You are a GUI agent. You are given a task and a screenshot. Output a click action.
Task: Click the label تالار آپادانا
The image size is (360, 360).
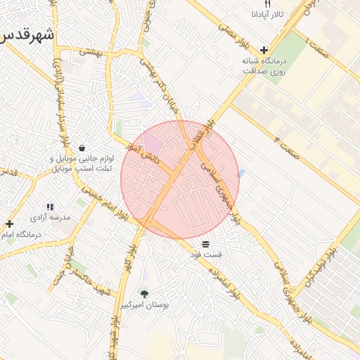pos(268,14)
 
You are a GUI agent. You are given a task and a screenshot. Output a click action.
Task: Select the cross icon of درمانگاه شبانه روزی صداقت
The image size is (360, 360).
pos(264,50)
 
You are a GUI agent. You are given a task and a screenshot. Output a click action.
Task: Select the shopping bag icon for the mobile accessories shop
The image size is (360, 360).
pos(82,148)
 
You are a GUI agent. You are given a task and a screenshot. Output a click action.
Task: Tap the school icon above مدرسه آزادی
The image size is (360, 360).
pos(50,207)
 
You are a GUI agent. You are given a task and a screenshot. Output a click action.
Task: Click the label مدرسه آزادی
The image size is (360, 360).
pos(56,218)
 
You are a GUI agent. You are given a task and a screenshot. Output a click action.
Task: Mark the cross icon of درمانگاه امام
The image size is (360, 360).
pos(9,224)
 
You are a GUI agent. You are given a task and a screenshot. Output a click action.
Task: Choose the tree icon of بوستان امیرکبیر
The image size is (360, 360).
pos(144,294)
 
